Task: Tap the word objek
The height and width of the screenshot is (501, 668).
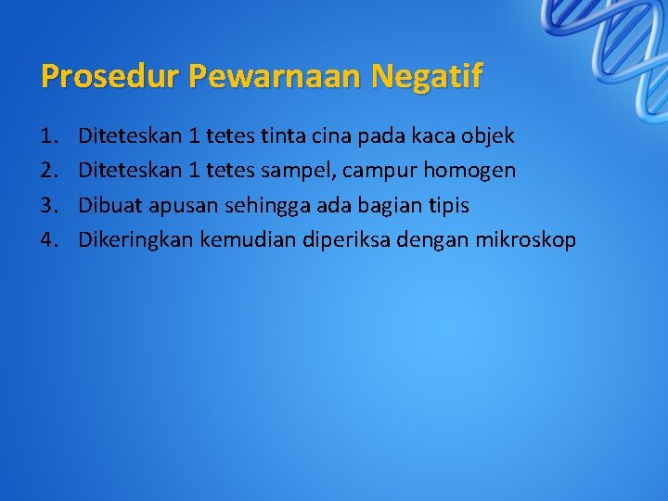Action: (488, 137)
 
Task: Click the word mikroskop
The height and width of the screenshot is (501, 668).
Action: (526, 239)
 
